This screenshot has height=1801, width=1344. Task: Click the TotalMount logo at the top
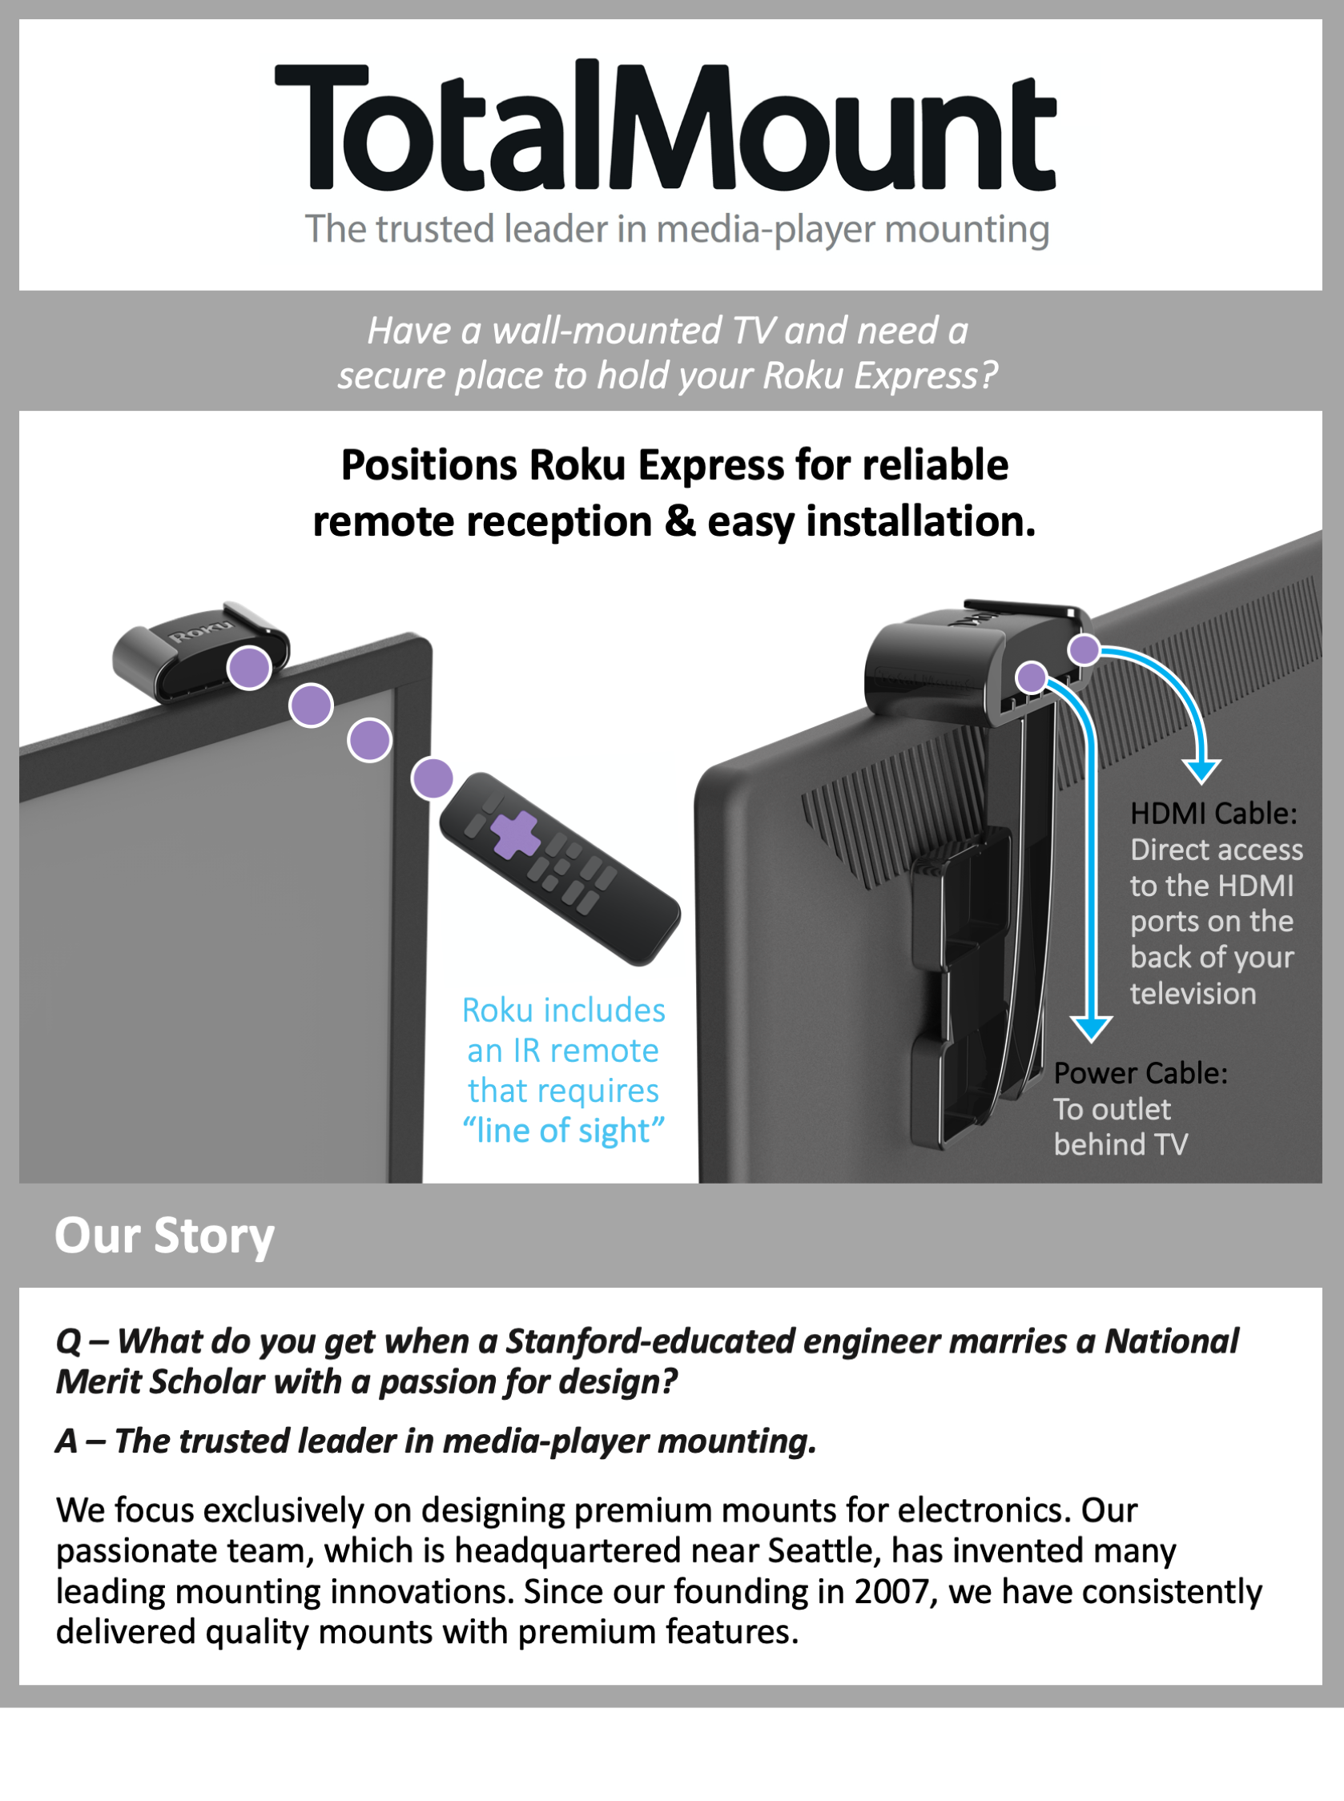click(x=666, y=126)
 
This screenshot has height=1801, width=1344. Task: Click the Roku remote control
click(x=560, y=869)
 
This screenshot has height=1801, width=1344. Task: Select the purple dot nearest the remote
click(x=432, y=778)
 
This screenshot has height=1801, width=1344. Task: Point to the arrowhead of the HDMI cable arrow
click(x=1201, y=770)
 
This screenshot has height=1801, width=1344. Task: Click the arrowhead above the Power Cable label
click(x=1091, y=1028)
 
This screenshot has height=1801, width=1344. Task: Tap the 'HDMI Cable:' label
click(x=1213, y=813)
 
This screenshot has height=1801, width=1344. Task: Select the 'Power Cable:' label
click(x=1140, y=1073)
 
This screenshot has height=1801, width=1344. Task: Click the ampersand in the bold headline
click(x=680, y=521)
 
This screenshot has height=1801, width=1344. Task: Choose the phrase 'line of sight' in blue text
click(x=563, y=1130)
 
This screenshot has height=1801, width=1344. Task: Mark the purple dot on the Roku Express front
click(x=249, y=668)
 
